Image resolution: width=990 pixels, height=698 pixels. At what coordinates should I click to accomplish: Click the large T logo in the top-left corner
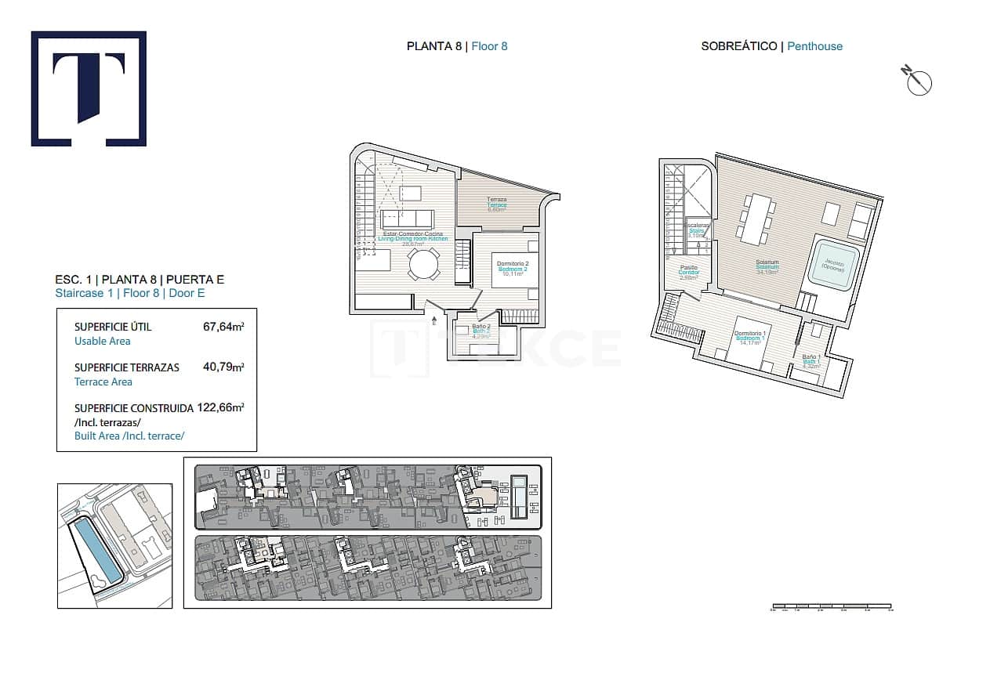point(89,89)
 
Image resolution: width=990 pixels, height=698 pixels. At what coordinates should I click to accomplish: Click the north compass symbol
point(918,81)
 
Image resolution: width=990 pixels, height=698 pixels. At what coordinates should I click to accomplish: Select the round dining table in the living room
point(424,264)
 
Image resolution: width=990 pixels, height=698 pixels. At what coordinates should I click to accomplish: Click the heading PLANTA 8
point(433,46)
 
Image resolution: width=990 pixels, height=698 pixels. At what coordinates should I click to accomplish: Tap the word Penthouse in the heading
point(814,46)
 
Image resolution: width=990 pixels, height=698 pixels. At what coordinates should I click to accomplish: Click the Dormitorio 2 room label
point(513,264)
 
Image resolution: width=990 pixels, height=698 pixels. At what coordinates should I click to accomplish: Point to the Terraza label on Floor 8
point(496,200)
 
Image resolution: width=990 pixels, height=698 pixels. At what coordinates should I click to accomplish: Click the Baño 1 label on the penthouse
point(810,358)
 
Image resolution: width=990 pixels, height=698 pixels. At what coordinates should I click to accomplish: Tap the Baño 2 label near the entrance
point(481,327)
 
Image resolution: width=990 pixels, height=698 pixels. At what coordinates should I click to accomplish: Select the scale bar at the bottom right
point(832,606)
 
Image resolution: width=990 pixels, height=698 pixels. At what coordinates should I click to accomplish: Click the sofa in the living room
point(407,218)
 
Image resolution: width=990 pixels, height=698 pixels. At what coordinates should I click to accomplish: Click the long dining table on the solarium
point(757,219)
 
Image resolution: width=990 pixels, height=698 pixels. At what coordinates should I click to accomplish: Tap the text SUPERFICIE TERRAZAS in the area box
point(127,367)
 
